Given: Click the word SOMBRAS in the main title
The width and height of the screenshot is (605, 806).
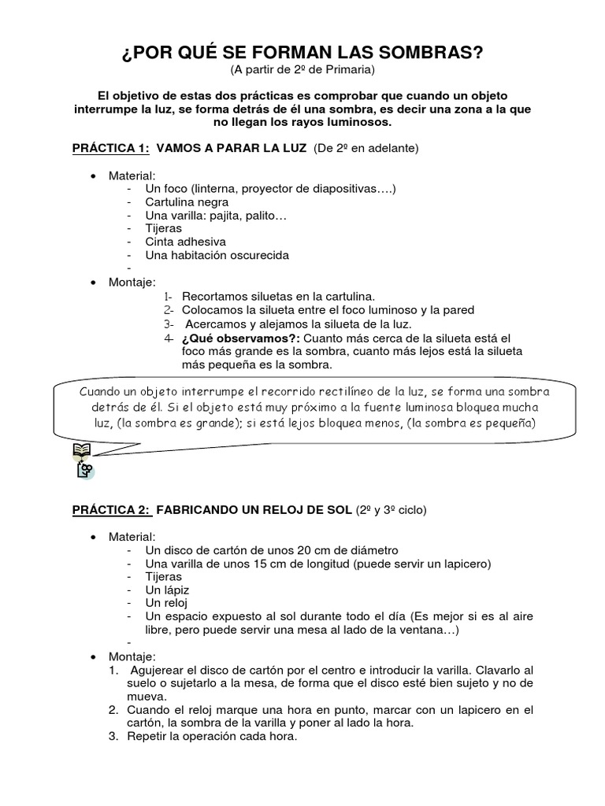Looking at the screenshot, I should pos(425,53).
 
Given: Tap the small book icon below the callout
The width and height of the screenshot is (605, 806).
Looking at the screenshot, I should pos(80,450).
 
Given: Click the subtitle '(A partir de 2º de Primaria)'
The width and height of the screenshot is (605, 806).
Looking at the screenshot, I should pos(302,71).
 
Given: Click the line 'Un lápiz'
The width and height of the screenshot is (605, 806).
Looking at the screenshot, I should pos(167,590).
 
